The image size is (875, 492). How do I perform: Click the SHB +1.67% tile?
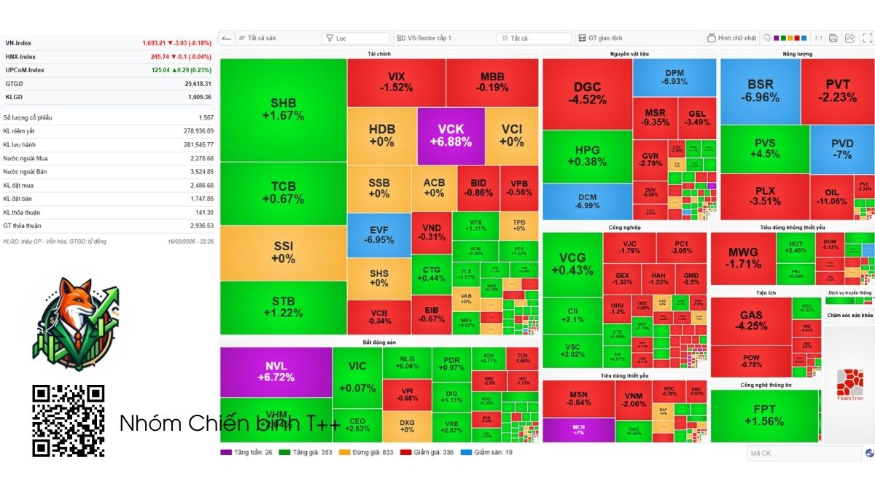283,109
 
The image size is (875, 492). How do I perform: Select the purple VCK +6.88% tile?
451,136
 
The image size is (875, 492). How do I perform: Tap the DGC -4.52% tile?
587,93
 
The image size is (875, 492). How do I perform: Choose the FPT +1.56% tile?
764,415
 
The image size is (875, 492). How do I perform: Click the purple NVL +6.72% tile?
276,372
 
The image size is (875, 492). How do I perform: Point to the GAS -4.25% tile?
750,321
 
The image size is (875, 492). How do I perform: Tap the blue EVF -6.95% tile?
379,233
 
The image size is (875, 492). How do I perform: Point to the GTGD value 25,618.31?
198,84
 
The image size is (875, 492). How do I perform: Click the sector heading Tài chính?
379,54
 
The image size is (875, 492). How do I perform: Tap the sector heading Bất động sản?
379,342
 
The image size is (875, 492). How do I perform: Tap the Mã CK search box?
802,453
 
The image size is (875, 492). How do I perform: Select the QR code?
69,421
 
